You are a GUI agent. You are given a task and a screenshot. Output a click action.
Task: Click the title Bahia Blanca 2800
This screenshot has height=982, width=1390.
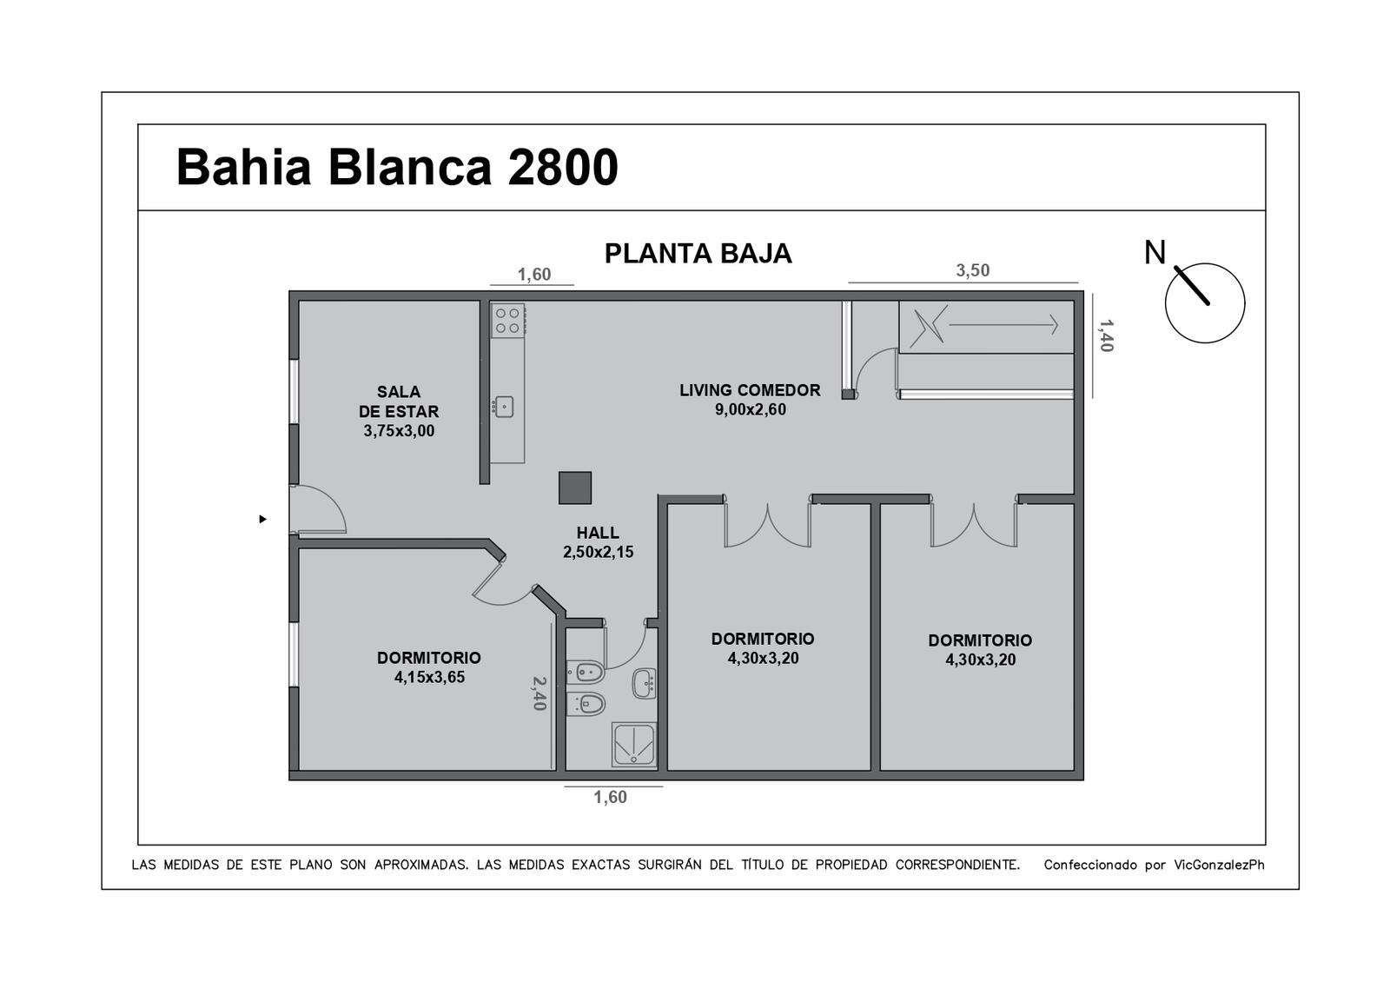coord(397,167)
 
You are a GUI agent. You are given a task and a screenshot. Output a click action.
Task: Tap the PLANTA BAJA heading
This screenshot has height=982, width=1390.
coord(698,254)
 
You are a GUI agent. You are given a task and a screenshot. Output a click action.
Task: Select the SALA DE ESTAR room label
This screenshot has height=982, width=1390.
coord(399,401)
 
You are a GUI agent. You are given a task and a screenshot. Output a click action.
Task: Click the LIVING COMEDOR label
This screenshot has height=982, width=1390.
coord(750,390)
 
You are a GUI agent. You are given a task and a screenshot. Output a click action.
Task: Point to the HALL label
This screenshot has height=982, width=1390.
coord(598,533)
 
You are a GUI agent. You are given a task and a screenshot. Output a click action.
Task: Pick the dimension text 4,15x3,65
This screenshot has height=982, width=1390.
coord(429,677)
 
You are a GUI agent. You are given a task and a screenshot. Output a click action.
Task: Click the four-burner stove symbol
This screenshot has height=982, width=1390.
coord(507,321)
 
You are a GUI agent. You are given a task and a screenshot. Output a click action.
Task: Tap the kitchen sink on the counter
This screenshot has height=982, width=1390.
coord(503,408)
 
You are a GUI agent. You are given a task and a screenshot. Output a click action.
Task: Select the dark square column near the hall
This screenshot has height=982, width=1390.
coord(574,488)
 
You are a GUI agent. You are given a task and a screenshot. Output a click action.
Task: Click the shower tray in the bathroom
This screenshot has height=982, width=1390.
coord(633,744)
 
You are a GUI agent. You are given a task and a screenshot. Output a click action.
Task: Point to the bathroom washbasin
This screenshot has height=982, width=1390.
coord(644,683)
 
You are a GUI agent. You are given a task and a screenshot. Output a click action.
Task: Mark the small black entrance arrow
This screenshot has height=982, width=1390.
coord(263,519)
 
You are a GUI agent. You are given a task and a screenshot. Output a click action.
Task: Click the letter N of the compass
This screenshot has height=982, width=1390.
coord(1155,253)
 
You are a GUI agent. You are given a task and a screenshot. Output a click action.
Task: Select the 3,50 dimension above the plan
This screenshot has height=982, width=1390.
coord(972,270)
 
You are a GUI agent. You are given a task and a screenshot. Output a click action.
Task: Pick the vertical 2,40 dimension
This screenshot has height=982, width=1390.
coord(539,693)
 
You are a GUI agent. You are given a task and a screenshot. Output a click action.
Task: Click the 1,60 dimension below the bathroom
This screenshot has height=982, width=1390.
coord(610,797)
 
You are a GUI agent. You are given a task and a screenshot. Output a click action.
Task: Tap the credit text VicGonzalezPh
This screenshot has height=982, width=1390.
coord(1219,866)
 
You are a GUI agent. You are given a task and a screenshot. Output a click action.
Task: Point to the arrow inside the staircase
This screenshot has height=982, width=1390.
coord(1003,325)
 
